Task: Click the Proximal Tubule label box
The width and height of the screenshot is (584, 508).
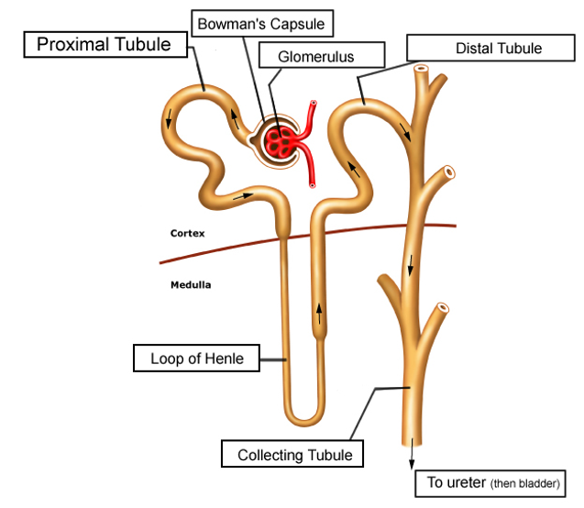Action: click(x=105, y=45)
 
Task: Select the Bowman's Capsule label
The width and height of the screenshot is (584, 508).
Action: click(x=262, y=24)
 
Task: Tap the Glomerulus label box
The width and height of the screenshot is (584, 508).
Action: click(x=322, y=55)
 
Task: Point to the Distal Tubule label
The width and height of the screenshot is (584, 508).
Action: click(x=490, y=48)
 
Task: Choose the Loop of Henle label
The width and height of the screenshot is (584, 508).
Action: click(x=196, y=359)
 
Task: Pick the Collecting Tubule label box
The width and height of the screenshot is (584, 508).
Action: click(x=292, y=454)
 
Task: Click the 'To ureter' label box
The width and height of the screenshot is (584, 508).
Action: click(x=490, y=483)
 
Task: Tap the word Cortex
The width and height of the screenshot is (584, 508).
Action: click(x=187, y=234)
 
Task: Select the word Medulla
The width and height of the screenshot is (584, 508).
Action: click(x=191, y=285)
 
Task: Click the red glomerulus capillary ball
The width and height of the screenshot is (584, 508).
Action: click(x=281, y=142)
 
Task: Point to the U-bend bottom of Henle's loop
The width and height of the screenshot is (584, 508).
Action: click(x=304, y=420)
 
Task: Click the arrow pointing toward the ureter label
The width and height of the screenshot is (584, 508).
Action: click(x=412, y=454)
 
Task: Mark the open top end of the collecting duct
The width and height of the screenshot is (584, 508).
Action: click(x=421, y=69)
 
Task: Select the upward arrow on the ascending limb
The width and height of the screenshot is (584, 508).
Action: click(x=319, y=314)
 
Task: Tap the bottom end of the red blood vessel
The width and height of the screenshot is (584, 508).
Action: click(x=312, y=184)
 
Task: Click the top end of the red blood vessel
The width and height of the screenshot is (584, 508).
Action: click(x=314, y=103)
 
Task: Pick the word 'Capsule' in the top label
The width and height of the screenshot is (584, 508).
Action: click(x=297, y=25)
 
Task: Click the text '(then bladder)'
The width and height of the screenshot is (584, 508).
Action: click(x=525, y=484)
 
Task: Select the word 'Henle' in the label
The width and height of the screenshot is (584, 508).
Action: click(x=225, y=359)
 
